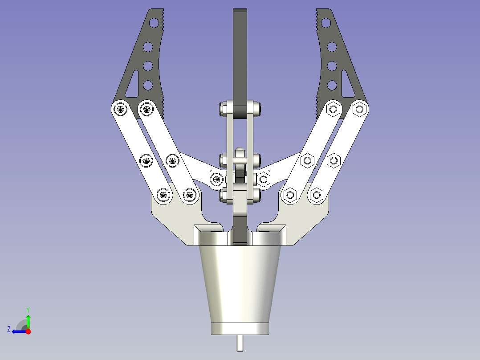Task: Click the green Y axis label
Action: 28,310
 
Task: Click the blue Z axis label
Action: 9,329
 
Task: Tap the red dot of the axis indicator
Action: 28,331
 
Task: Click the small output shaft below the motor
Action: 240,343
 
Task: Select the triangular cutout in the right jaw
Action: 347,85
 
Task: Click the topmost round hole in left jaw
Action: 154,23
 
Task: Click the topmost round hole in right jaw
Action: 326,23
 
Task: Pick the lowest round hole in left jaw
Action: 148,85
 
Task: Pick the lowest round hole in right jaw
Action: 332,85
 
